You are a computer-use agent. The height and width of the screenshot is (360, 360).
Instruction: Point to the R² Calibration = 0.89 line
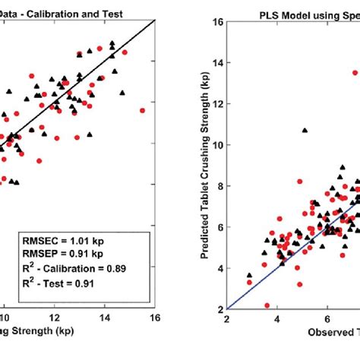(74, 268)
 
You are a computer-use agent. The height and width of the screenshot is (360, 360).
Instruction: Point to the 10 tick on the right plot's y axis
(217, 144)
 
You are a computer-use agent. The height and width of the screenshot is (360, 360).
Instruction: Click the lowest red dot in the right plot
(267, 305)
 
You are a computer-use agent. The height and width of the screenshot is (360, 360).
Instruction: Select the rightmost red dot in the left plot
(142, 110)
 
